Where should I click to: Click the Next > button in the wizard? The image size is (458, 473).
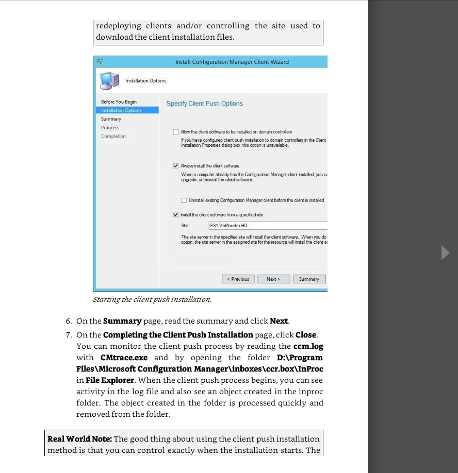[x=273, y=279]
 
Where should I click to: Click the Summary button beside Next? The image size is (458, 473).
[x=309, y=279]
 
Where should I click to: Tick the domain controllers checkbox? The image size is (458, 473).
[x=176, y=132]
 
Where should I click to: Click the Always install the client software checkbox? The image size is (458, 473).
[x=176, y=166]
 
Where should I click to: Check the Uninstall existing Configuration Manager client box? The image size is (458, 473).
[x=184, y=200]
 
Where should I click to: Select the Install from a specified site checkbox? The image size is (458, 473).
[x=176, y=215]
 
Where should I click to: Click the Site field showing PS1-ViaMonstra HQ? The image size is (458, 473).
[x=267, y=226]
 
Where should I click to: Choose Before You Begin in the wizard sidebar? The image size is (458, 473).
[x=119, y=102]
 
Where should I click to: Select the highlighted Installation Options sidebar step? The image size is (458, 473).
[x=121, y=110]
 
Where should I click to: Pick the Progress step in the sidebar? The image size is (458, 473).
[x=110, y=128]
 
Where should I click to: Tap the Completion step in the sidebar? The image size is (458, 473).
[x=113, y=136]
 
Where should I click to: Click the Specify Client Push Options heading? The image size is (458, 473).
[x=204, y=104]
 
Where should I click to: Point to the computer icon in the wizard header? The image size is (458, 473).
[x=109, y=81]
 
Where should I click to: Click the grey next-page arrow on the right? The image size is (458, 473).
[x=446, y=253]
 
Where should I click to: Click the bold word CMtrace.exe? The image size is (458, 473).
[x=124, y=358]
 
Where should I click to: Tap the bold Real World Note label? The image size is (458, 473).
[x=79, y=439]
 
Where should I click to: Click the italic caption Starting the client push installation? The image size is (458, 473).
[x=152, y=299]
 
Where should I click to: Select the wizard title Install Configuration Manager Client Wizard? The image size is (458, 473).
[x=232, y=62]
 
